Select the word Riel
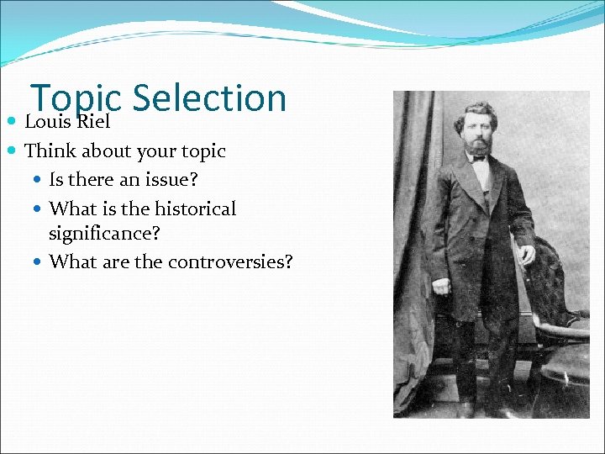[x=93, y=123]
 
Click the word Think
[x=50, y=151]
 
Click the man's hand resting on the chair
[x=528, y=254]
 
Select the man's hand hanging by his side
[x=439, y=286]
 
